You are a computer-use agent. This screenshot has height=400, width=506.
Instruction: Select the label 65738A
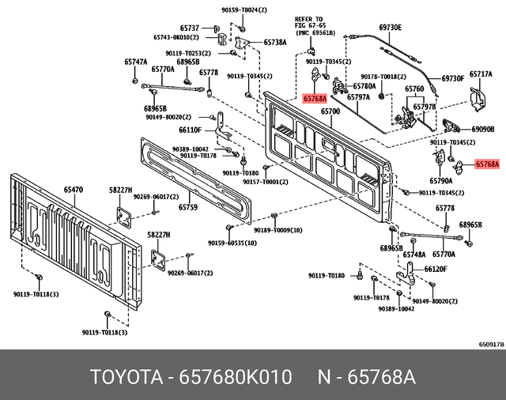274,42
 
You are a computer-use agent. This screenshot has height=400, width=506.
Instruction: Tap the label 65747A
135,61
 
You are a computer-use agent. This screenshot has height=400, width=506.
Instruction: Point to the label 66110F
190,129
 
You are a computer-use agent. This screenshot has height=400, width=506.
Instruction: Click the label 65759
187,207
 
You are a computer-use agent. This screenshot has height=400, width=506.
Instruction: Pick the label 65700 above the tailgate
330,111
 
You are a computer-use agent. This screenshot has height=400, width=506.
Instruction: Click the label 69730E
391,27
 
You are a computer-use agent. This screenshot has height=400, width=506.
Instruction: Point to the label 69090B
482,128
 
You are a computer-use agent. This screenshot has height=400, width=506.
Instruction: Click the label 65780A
364,85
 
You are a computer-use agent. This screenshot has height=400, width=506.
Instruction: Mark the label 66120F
436,269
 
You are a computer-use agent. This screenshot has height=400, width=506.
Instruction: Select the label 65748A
414,255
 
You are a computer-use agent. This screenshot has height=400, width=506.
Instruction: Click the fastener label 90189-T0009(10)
278,229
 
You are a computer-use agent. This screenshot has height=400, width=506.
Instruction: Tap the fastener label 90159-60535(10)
232,243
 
